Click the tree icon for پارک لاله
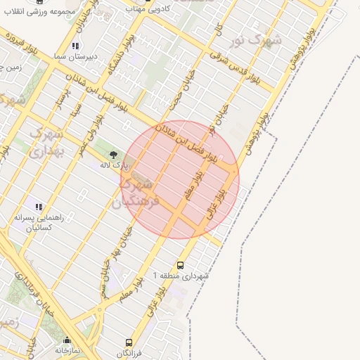coord(113,153)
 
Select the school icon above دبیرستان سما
coord(75,46)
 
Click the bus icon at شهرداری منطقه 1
coord(181,265)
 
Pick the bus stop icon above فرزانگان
coord(129,342)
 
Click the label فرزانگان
coord(129,352)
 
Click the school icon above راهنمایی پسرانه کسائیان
coord(39,207)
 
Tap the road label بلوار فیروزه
coord(17,43)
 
